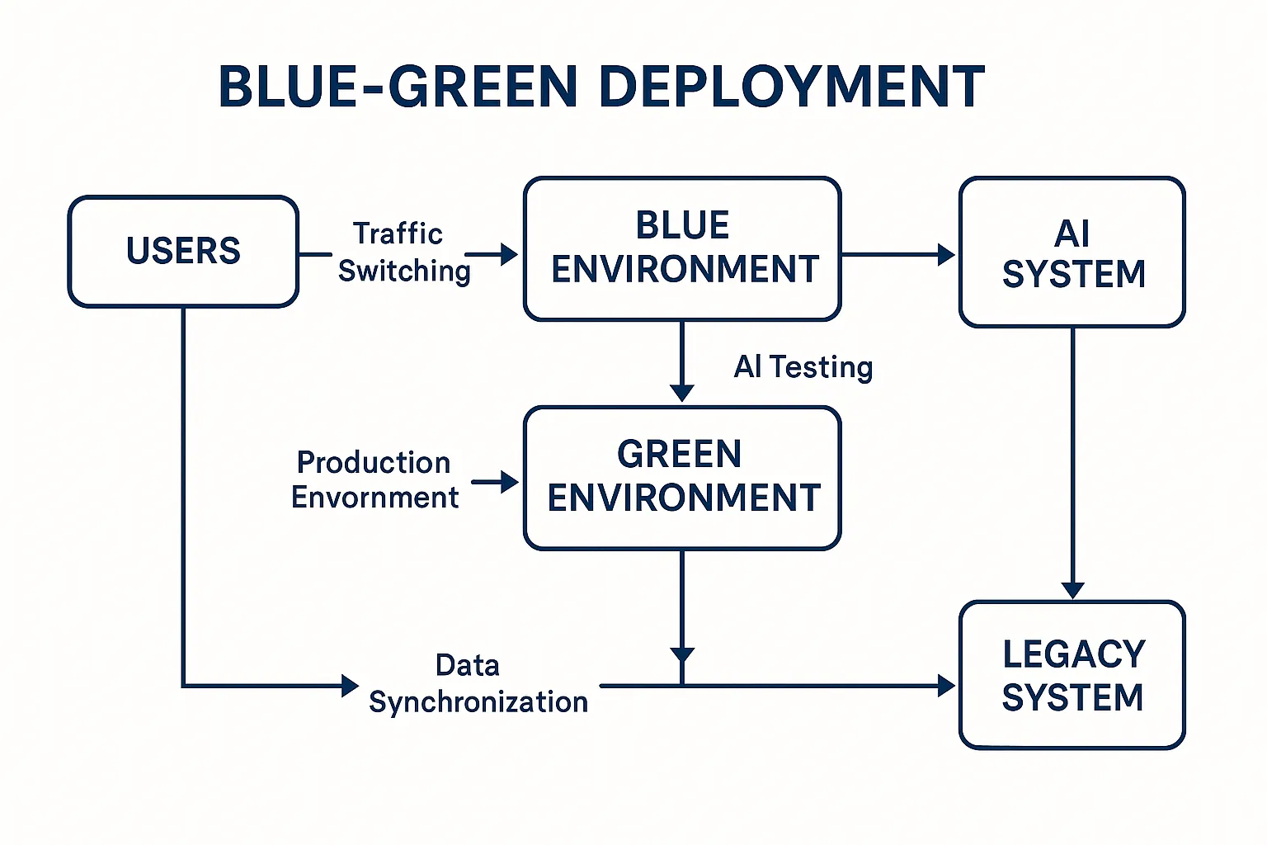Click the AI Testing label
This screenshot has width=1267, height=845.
click(x=803, y=366)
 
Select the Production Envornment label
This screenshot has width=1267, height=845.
click(x=374, y=480)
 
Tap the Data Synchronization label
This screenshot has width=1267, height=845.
click(x=478, y=684)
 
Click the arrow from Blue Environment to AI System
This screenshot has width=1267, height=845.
click(x=898, y=254)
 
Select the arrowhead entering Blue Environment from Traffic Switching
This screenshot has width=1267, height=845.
click(x=509, y=254)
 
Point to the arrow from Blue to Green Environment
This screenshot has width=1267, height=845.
click(x=682, y=361)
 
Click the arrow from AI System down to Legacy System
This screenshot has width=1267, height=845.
click(x=1072, y=463)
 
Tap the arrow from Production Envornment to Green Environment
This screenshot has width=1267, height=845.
click(x=495, y=482)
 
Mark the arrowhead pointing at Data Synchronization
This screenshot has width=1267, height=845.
click(x=350, y=686)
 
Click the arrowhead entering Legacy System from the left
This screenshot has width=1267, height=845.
click(x=946, y=686)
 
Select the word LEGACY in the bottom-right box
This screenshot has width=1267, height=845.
click(x=1073, y=654)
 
